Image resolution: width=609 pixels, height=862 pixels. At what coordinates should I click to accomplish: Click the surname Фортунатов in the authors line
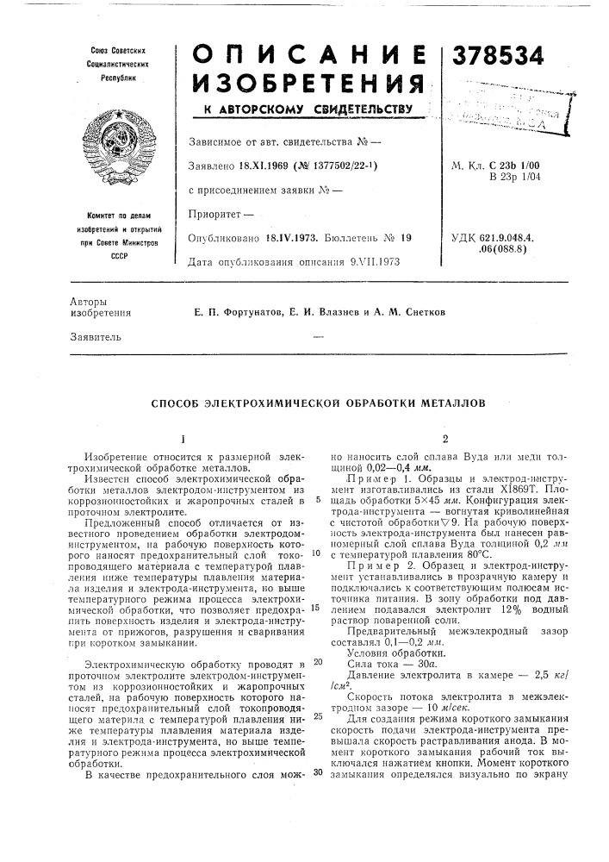pyautogui.click(x=231, y=310)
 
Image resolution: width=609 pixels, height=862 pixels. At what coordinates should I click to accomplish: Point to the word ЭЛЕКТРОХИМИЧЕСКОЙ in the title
pyautogui.click(x=283, y=403)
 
